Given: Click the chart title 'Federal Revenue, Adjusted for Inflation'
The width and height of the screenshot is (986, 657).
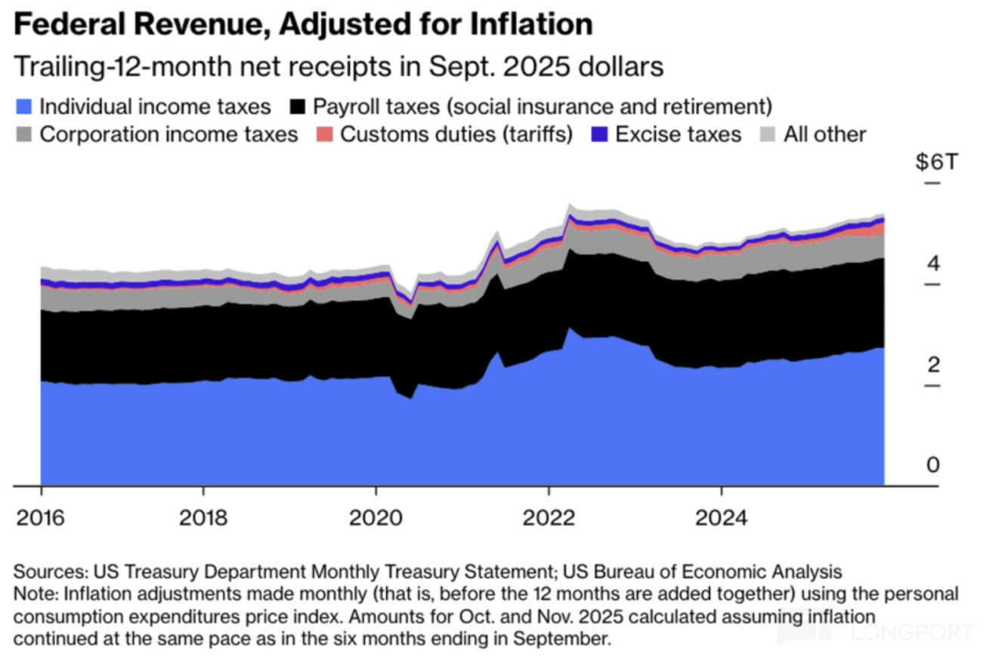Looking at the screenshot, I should point(303,25).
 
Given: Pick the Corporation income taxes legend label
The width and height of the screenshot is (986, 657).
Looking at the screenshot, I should point(168,135).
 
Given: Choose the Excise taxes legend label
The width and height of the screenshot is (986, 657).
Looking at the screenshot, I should point(678,135).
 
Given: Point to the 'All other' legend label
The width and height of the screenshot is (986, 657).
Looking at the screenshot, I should point(824,135).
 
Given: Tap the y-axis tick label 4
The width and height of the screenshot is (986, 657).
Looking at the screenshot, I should point(933,264).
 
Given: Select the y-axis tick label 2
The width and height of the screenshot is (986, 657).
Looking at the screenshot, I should point(933,365).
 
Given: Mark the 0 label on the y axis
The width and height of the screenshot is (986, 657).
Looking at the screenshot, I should point(933,464).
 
